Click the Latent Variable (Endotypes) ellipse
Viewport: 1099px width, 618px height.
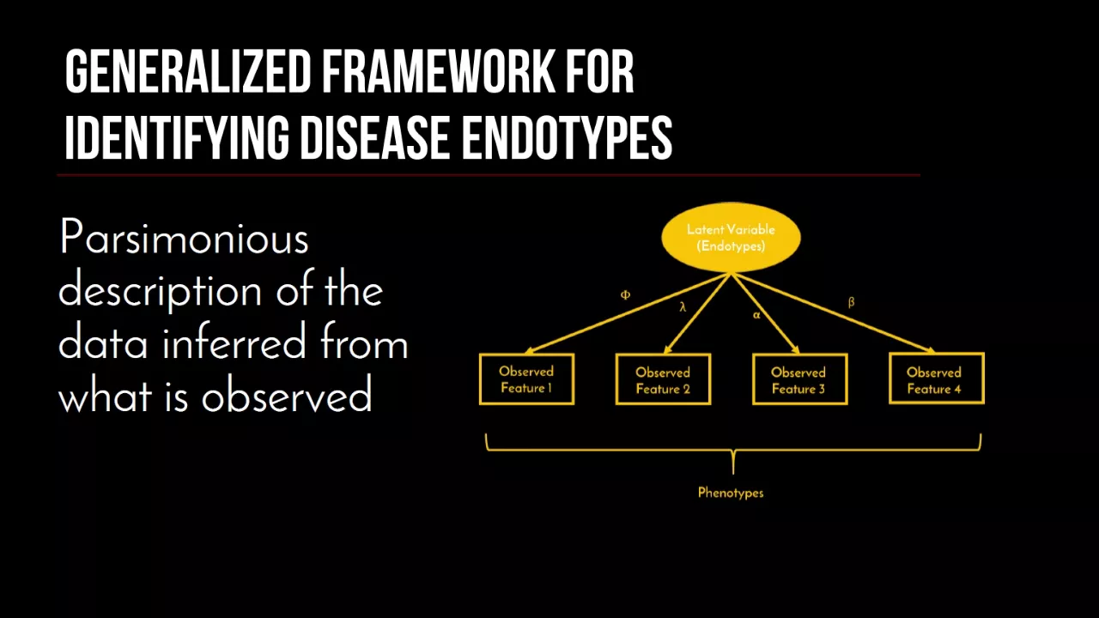(x=731, y=238)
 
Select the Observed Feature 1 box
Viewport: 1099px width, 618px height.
(x=526, y=379)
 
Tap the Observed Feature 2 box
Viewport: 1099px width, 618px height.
(x=663, y=379)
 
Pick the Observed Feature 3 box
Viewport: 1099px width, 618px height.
(x=799, y=379)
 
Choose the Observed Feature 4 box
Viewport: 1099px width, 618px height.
(x=937, y=379)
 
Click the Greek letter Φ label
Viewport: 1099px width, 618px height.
(x=625, y=294)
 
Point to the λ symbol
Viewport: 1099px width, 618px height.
(x=683, y=307)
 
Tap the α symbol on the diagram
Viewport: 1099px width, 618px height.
(x=756, y=315)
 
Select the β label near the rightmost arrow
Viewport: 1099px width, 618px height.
(x=851, y=302)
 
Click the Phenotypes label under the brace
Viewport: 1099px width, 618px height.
(x=731, y=493)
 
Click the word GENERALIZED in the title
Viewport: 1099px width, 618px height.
(x=188, y=72)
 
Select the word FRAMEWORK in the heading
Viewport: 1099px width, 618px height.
(x=438, y=72)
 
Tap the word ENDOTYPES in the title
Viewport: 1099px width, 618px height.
(x=568, y=138)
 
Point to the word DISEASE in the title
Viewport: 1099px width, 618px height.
(x=375, y=138)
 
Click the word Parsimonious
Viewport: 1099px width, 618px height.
(x=184, y=238)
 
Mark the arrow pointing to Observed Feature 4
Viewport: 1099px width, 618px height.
(x=833, y=313)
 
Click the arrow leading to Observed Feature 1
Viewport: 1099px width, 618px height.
(x=628, y=313)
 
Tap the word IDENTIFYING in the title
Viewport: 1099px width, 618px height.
(x=177, y=138)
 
